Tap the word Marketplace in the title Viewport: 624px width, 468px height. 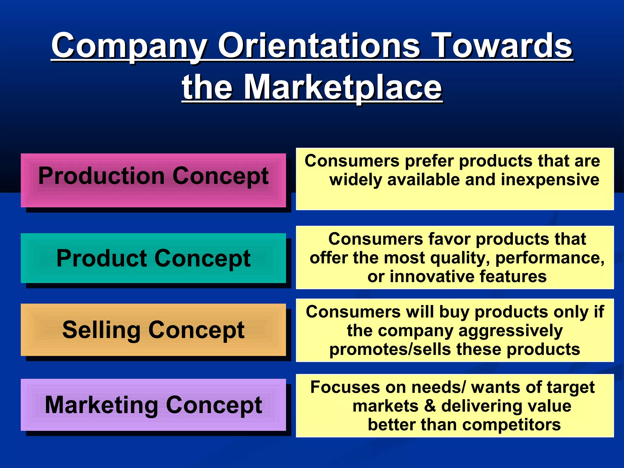pos(342,87)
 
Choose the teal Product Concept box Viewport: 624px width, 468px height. pos(153,258)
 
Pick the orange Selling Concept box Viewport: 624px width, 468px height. pos(153,329)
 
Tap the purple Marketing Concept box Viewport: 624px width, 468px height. pos(153,404)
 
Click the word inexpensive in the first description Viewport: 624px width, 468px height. pos(550,179)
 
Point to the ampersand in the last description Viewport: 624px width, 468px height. pos(430,406)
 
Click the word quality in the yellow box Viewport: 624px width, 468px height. pos(460,258)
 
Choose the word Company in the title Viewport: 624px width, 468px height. pos(129,46)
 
